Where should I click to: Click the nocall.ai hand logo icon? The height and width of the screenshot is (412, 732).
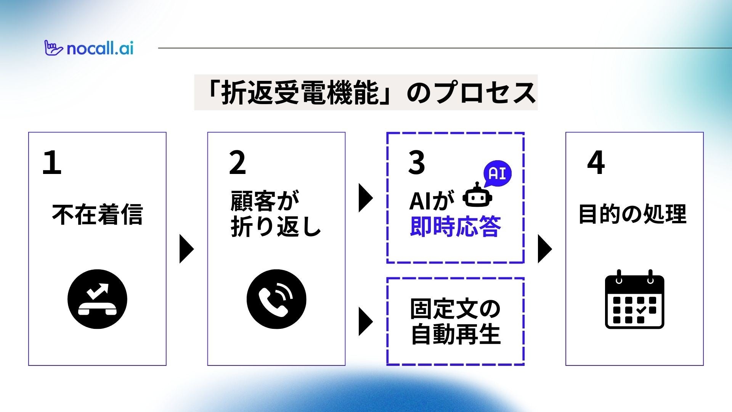point(53,48)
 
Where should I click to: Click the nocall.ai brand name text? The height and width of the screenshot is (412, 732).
point(100,49)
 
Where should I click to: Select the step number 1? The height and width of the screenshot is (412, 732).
point(52,163)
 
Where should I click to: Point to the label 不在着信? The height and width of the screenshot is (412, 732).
point(97,214)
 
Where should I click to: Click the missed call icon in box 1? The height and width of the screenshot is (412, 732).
point(97,299)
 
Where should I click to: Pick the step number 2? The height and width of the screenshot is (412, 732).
point(237,163)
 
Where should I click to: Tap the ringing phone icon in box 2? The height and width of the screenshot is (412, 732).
point(276,299)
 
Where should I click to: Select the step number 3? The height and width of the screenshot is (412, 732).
point(416,163)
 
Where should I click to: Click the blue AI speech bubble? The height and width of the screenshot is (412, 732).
point(497,174)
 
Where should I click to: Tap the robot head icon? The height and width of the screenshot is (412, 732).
point(477,196)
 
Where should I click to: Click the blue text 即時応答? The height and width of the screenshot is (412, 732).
point(455,227)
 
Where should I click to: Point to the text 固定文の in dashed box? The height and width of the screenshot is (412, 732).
point(455,309)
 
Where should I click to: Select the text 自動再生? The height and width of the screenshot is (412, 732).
point(455,334)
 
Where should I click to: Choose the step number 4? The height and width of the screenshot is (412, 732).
point(596,163)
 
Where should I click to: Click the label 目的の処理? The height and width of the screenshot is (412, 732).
point(632,214)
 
